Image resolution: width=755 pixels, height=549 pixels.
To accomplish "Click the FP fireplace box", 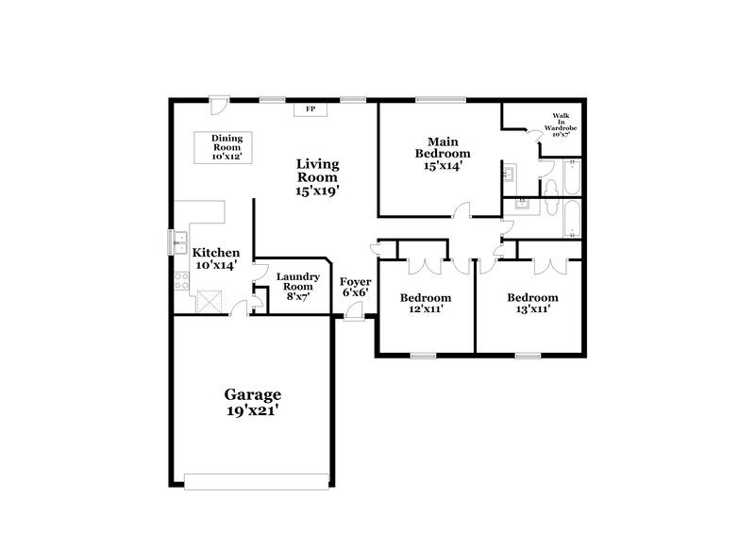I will tap(310, 110).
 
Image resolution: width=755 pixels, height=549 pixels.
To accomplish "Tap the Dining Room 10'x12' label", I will tap(226, 148).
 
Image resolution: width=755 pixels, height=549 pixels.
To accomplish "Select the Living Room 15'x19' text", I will tap(318, 176).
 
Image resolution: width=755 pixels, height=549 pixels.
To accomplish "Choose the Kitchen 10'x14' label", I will tap(216, 258).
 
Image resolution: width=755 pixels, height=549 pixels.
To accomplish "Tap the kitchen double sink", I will tap(176, 242).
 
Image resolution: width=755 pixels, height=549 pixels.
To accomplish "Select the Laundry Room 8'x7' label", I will tap(293, 286).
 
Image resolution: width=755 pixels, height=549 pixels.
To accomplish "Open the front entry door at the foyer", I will tap(350, 312).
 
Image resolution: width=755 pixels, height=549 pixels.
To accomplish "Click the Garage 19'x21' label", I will tap(251, 402).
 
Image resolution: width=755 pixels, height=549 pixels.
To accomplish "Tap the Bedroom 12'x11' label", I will tap(422, 303).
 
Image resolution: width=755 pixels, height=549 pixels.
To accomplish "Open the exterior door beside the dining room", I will tap(218, 102).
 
